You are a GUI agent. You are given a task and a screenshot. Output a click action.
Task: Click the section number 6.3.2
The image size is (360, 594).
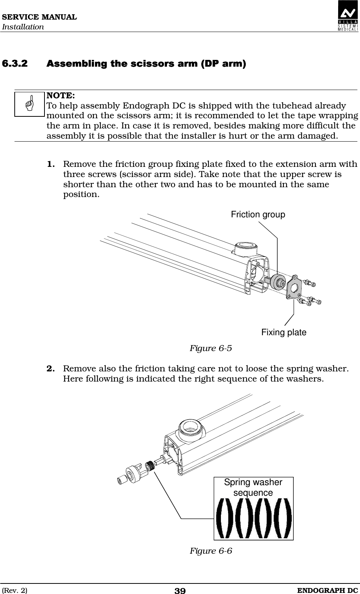point(15,63)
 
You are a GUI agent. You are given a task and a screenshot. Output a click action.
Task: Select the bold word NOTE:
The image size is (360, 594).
point(60,94)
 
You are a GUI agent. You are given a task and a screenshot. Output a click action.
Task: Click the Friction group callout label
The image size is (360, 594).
point(258,215)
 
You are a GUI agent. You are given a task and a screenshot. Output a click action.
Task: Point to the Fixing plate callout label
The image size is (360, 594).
point(283,332)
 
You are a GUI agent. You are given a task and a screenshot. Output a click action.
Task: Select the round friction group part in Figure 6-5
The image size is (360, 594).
point(279,281)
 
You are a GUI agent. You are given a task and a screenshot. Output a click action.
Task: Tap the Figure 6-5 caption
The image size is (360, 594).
point(210,348)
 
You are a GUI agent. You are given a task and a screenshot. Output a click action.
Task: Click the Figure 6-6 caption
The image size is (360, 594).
point(210,551)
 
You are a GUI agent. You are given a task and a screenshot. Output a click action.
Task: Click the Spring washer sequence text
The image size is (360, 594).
point(253,487)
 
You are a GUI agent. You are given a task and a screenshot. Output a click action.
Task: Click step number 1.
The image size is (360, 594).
point(52,164)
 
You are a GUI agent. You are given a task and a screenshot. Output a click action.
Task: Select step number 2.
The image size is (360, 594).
point(52,368)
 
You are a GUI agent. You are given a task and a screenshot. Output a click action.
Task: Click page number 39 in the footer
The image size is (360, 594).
point(180,591)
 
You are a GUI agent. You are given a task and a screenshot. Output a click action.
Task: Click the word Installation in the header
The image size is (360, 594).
point(23,27)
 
